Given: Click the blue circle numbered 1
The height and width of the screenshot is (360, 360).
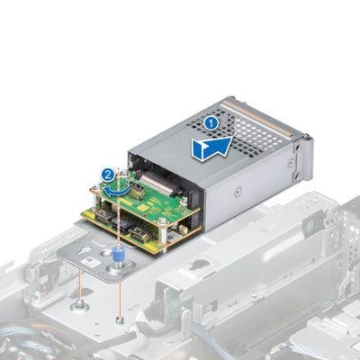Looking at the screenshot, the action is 211,123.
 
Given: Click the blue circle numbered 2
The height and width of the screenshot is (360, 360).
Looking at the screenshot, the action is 108,175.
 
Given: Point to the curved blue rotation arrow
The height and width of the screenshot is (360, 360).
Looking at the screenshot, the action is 117,189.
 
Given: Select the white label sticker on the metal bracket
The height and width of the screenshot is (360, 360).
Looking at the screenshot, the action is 90,261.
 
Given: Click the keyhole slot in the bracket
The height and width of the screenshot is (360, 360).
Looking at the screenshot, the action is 85,249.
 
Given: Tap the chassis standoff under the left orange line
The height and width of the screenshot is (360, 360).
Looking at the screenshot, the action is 79,305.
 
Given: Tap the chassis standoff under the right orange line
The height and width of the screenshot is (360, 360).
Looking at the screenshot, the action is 120,320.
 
